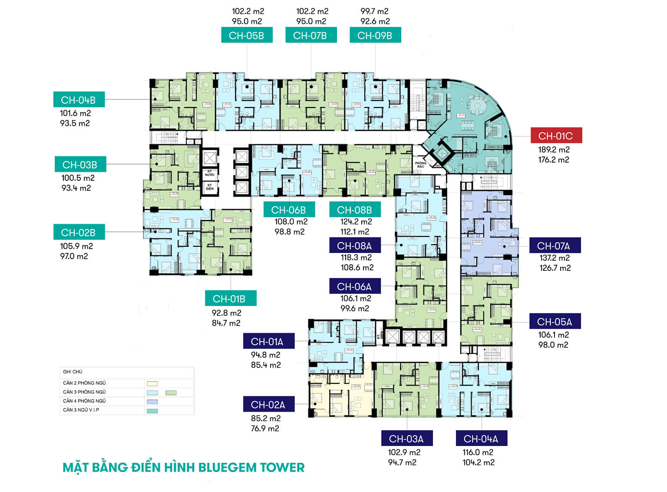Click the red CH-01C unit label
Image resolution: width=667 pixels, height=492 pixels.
[x=556, y=136]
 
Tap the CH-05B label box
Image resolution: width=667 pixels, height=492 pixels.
[x=247, y=35]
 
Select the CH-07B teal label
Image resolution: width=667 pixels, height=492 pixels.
[x=310, y=35]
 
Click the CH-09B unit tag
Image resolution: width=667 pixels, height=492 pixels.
[x=375, y=35]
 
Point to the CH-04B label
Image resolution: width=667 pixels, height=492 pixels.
[x=79, y=100]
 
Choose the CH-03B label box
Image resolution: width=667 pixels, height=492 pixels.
[x=80, y=164]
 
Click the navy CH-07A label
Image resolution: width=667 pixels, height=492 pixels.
[x=554, y=246]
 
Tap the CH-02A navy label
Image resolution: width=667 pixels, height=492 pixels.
[x=268, y=404]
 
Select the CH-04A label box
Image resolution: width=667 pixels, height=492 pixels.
[x=481, y=439]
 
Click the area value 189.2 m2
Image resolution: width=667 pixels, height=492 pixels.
[x=554, y=150]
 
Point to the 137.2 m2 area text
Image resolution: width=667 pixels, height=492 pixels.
[x=555, y=258]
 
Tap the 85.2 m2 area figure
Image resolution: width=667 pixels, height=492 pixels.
[x=266, y=418]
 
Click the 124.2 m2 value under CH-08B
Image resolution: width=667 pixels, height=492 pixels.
[x=356, y=222]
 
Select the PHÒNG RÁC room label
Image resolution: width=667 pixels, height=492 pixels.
[x=420, y=165]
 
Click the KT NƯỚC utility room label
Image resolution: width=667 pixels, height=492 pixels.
[x=210, y=173]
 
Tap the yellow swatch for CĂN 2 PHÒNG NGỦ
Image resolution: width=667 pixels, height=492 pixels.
[x=152, y=383]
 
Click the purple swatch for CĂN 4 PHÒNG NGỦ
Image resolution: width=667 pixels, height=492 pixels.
[x=152, y=402]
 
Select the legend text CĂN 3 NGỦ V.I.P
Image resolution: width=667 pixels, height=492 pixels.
[x=81, y=410]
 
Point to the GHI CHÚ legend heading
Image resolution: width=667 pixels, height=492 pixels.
[x=73, y=372]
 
